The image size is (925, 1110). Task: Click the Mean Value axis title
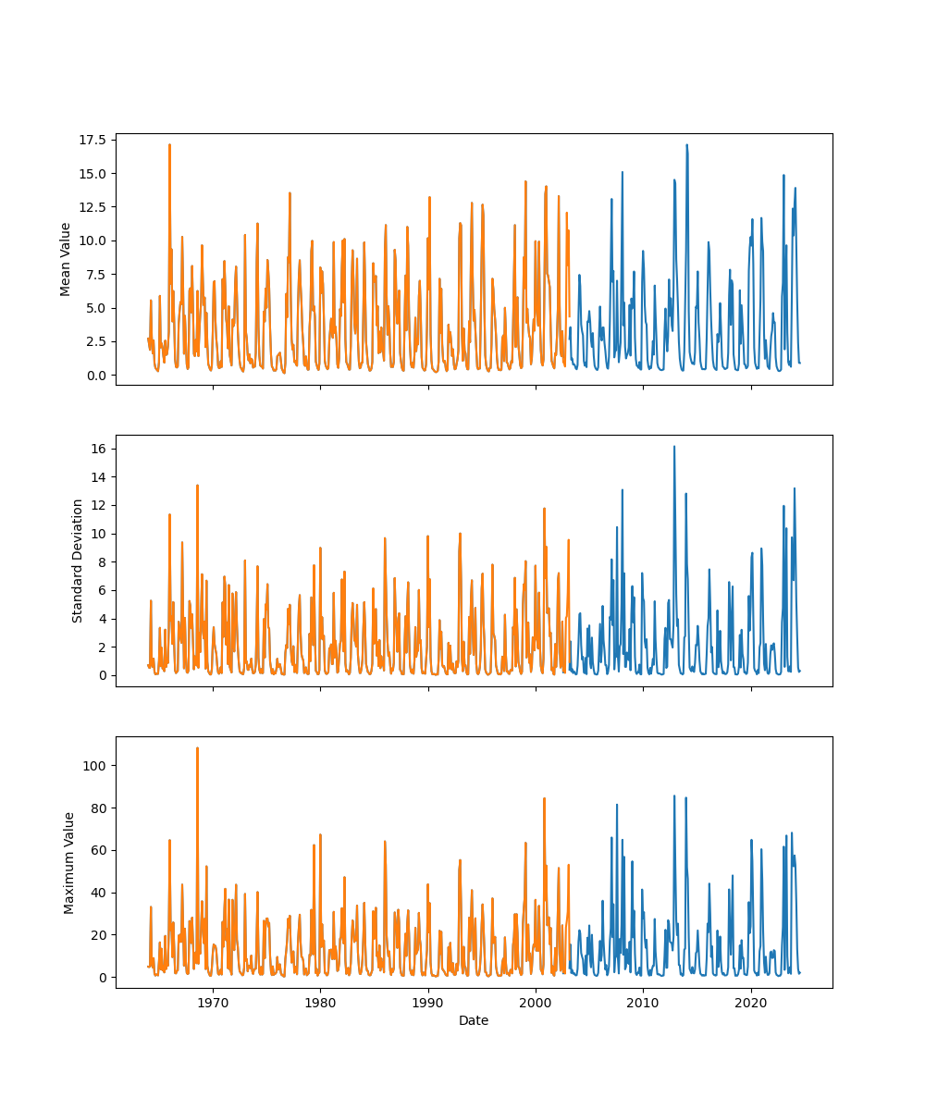coord(65,259)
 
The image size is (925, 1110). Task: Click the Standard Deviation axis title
coord(78,561)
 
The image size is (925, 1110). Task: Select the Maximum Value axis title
coord(69,862)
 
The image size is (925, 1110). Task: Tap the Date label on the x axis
coord(474,1020)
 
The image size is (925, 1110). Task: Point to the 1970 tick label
coord(213,1003)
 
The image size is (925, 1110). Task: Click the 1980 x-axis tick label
coord(320,1003)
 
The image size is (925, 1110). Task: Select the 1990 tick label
coord(428,1003)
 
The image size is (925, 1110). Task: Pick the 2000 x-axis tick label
coord(536,1003)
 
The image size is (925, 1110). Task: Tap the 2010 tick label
coord(643,1003)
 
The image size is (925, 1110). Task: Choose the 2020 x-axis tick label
coord(751,1003)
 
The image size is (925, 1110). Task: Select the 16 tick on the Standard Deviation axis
coord(97,449)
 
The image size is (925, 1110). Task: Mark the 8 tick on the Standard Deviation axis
coord(101,561)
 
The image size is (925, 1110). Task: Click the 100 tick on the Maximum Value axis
coord(94,766)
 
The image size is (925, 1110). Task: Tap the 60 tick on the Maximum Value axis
coord(97,850)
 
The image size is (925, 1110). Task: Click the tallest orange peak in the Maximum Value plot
coord(197,748)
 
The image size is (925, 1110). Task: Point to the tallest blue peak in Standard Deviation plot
coord(674,447)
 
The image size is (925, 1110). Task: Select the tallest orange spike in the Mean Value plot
coord(169,144)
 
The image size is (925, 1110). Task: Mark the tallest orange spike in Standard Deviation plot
coord(197,486)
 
